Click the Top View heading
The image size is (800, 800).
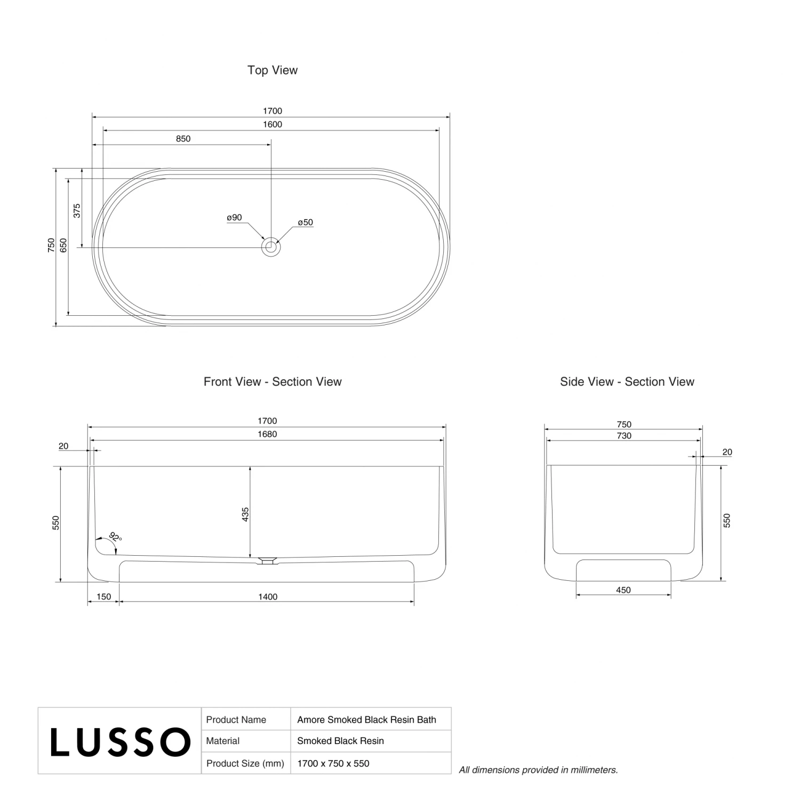273,70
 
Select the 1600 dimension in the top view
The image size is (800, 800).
273,124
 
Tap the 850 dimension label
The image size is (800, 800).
183,139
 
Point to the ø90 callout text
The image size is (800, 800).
234,218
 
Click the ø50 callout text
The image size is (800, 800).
306,222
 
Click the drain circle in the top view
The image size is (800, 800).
271,247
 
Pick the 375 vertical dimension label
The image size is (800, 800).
77,211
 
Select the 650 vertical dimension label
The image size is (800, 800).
63,245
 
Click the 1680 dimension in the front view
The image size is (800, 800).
267,434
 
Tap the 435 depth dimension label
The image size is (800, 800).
245,514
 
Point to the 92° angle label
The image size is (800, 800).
115,537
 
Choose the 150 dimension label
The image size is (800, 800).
103,597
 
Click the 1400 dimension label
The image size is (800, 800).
268,597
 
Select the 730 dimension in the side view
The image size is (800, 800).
624,436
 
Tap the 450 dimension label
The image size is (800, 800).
623,590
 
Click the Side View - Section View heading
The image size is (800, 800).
627,382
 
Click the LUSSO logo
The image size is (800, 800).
121,742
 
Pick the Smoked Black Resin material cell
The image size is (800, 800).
340,741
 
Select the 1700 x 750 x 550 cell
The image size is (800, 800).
333,763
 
